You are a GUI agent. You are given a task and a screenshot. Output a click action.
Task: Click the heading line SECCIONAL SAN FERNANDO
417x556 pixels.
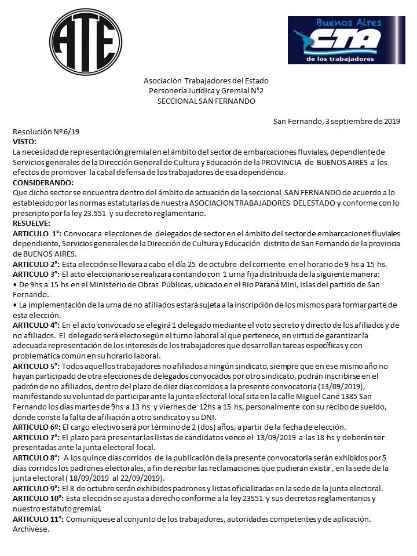206,101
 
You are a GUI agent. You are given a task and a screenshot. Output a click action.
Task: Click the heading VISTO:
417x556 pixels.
24,141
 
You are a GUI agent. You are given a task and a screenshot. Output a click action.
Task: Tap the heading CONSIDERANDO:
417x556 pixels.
39,182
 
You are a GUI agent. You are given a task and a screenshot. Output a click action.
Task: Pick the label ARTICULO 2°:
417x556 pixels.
37,264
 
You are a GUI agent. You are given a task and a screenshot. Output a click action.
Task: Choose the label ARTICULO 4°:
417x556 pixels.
37,325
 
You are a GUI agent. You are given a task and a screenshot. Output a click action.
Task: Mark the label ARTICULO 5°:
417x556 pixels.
37,366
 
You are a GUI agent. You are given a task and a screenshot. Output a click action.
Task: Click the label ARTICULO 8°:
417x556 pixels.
37,458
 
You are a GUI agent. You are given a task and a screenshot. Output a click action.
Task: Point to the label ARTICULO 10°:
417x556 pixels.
39,498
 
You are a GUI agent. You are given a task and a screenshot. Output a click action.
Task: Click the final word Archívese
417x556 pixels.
31,529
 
